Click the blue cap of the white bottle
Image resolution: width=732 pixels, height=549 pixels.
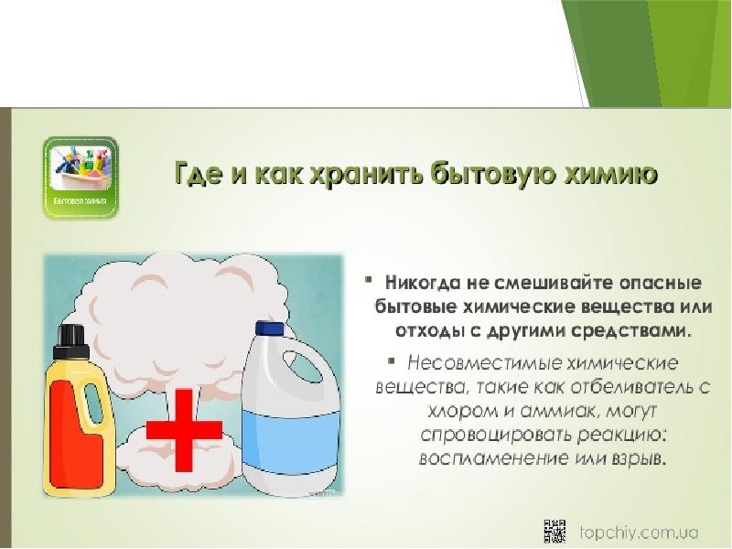[270, 333]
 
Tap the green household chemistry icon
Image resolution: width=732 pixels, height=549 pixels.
[81, 178]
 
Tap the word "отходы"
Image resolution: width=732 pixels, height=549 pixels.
[414, 328]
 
